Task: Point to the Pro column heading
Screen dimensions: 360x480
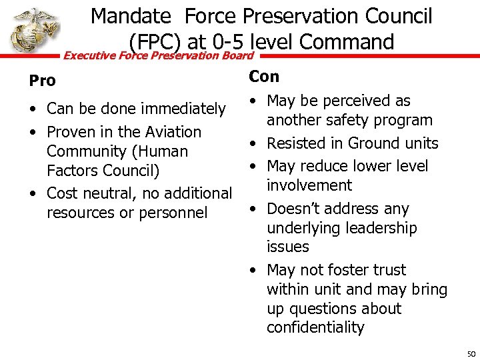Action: [x=42, y=81]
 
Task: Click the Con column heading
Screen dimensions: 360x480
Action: [x=264, y=77]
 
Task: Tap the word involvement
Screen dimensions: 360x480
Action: [x=309, y=185]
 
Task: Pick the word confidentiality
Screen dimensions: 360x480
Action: [x=315, y=327]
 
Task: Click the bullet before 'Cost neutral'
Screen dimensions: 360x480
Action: [x=33, y=194]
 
